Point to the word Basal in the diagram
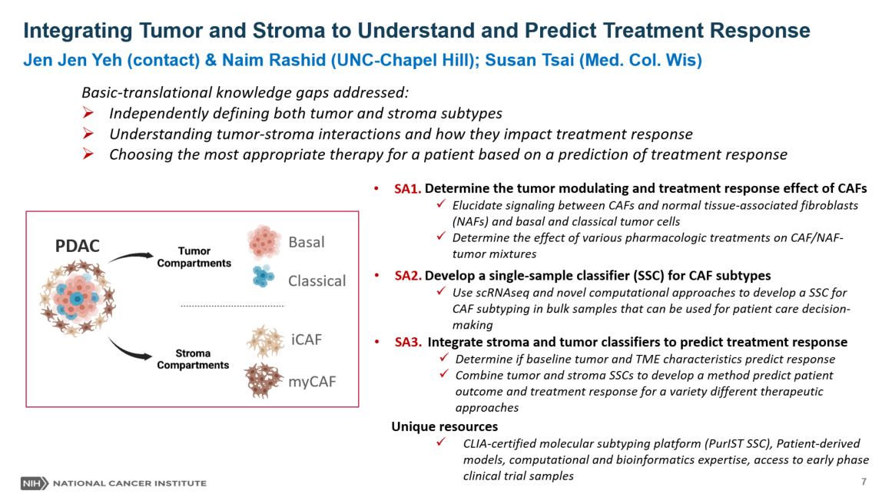click(307, 243)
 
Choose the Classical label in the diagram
click(317, 281)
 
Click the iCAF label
click(306, 340)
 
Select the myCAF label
click(312, 381)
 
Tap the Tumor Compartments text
click(194, 257)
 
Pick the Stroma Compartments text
click(193, 360)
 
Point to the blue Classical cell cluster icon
click(262, 278)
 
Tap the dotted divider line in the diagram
click(232, 307)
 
